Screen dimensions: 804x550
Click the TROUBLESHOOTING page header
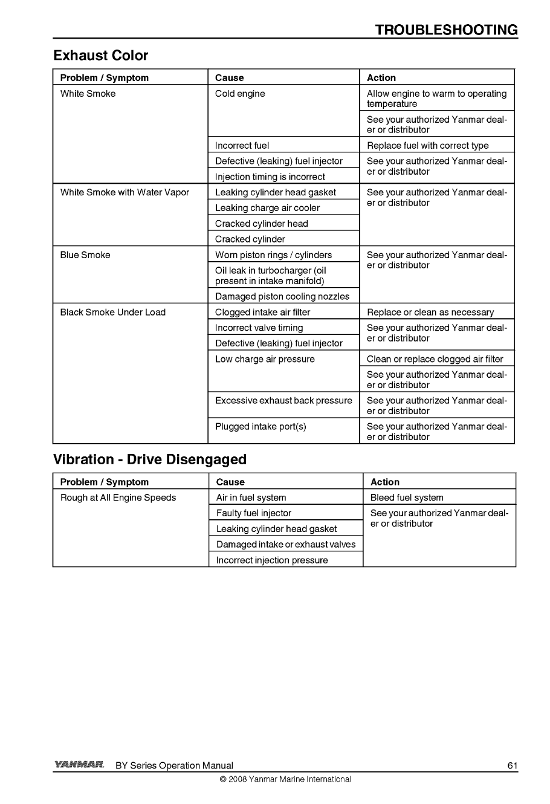(x=446, y=30)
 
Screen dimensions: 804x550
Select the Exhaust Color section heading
(x=100, y=56)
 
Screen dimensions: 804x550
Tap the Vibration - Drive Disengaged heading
(x=150, y=459)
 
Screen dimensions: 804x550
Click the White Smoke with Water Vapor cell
(x=125, y=193)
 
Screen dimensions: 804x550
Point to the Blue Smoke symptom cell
(x=85, y=255)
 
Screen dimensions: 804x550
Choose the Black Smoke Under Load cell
(x=113, y=313)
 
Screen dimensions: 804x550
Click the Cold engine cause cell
(x=240, y=94)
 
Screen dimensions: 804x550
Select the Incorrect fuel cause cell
(x=242, y=146)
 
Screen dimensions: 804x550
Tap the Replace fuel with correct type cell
(x=428, y=146)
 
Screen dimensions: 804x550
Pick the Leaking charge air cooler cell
(x=268, y=208)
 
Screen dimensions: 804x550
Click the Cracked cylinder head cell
(x=262, y=224)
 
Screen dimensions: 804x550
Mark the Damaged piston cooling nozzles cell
(x=282, y=297)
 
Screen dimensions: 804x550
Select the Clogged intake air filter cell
(x=263, y=313)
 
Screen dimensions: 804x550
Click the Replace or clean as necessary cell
(x=430, y=313)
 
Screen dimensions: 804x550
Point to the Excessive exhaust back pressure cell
(x=283, y=401)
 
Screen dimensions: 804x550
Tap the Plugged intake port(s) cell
(x=260, y=427)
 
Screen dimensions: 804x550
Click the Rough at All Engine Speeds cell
(x=118, y=498)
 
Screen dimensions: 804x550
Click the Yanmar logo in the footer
(x=79, y=765)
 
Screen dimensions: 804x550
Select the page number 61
(x=513, y=766)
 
